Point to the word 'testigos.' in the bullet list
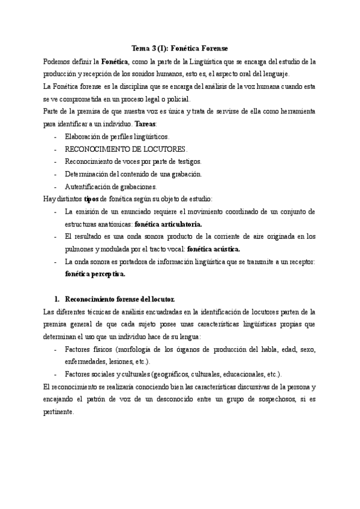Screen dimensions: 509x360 [x=187, y=161]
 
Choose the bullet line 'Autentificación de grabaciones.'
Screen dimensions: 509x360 [x=111, y=187]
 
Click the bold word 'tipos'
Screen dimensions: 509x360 [x=92, y=199]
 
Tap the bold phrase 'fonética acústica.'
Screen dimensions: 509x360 [x=214, y=248]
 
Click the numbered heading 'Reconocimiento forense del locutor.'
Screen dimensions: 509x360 [x=119, y=298]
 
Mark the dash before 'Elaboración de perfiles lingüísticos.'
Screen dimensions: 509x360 [x=56, y=136]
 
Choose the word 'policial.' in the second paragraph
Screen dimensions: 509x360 [x=176, y=99]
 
